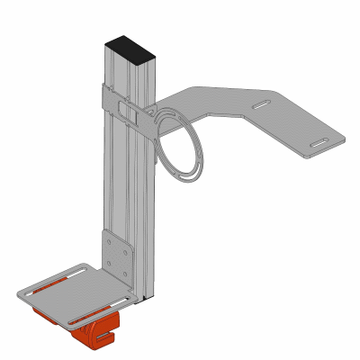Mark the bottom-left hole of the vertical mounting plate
tap(110, 267)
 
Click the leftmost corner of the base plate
tap(20, 293)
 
